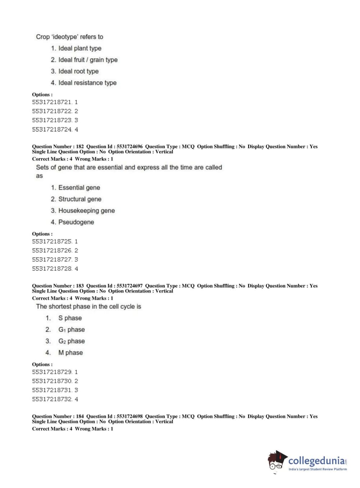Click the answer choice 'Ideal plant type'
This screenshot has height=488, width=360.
coord(79,48)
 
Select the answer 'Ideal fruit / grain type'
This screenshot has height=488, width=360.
coord(88,60)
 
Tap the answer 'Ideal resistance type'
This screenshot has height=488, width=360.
coord(87,83)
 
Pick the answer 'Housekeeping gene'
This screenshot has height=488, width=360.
coord(86,211)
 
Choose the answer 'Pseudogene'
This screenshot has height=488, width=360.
coord(76,222)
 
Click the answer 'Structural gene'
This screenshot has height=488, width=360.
coord(79,199)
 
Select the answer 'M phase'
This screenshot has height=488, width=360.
coord(70,353)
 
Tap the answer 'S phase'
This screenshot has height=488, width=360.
coord(70,318)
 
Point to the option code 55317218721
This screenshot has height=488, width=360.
coord(52,102)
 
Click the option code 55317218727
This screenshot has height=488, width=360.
coord(52,259)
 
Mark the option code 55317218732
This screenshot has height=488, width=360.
coord(52,399)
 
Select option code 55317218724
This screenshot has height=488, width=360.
coord(52,130)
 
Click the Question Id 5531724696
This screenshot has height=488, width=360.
coord(129,146)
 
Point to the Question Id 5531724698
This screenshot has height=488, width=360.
coord(129,416)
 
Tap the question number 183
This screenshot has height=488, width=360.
coord(80,286)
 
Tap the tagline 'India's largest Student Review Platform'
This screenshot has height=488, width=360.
coord(318,469)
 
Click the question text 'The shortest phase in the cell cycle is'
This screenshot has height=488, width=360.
coord(88,307)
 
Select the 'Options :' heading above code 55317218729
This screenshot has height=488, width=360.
coord(42,365)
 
